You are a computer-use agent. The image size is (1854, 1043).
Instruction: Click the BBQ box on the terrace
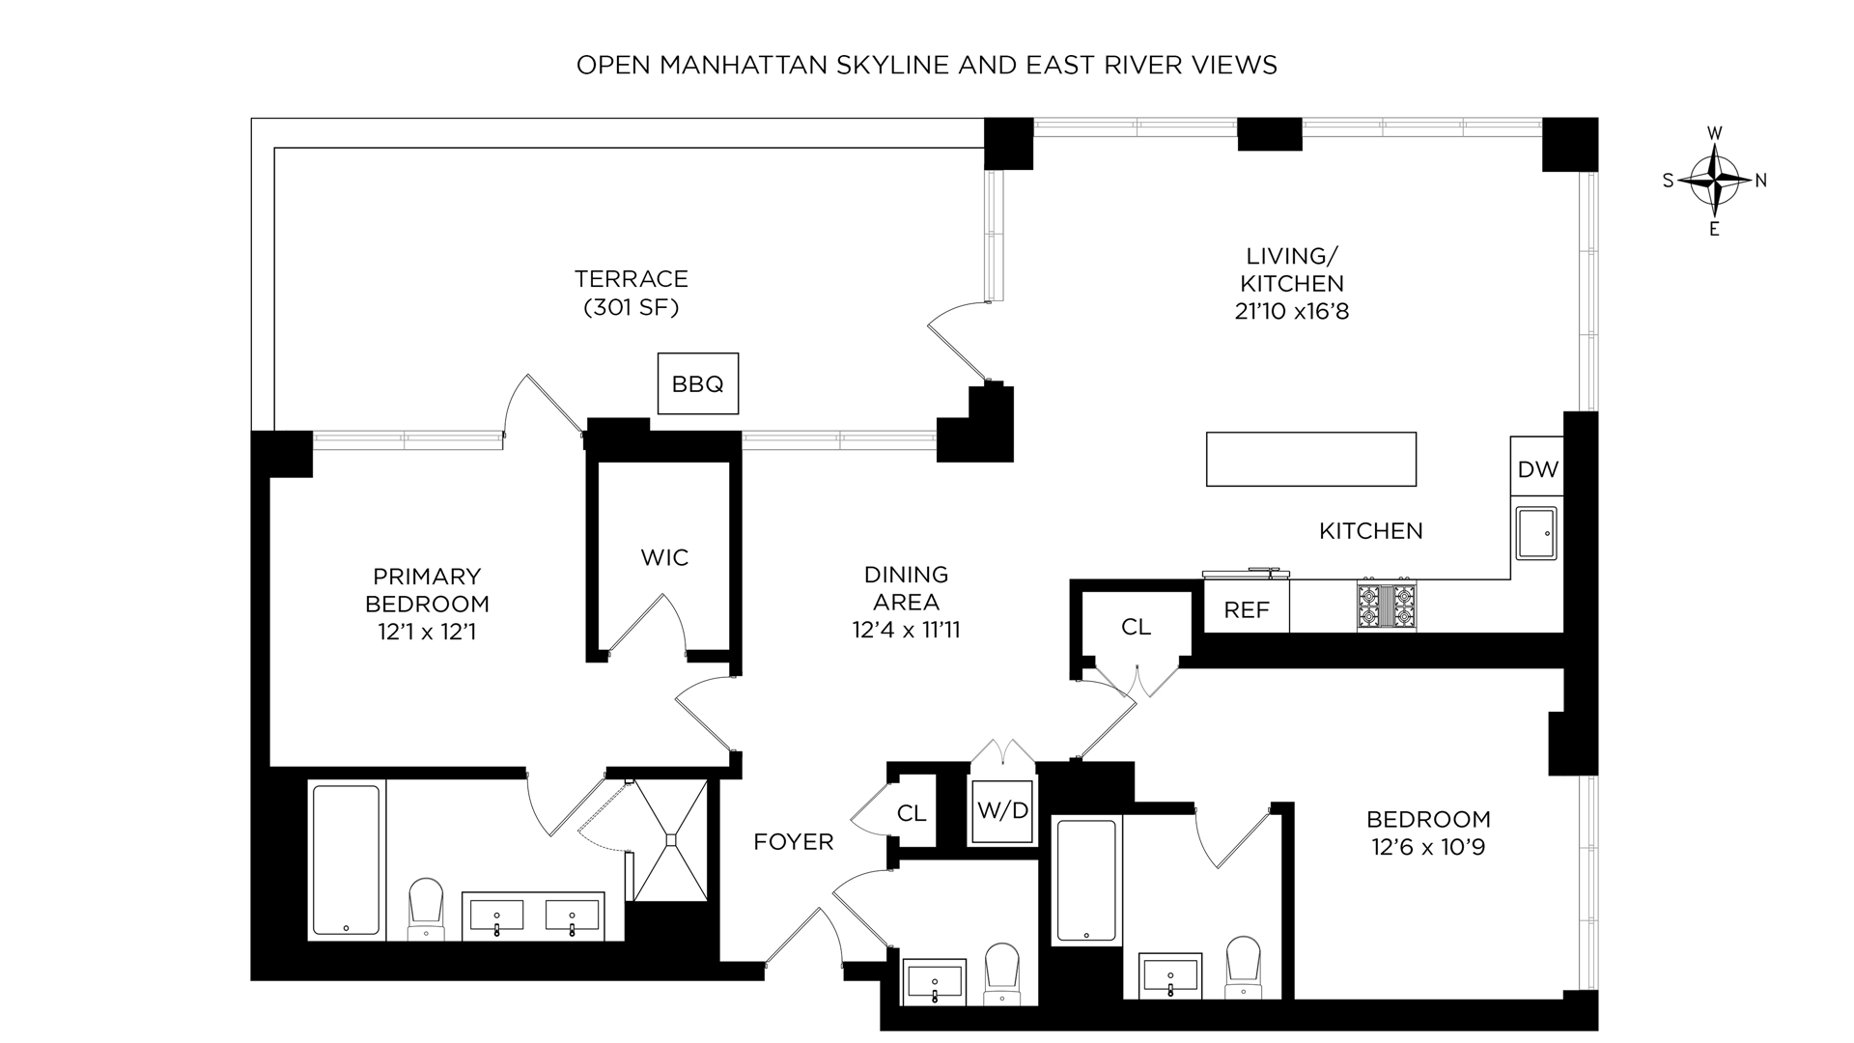[x=697, y=383]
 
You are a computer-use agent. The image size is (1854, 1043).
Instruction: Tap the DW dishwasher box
[x=1537, y=469]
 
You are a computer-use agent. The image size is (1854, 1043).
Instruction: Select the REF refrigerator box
[x=1246, y=609]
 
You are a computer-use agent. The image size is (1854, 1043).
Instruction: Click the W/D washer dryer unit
[x=1003, y=810]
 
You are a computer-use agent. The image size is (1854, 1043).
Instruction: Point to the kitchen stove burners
[x=1387, y=606]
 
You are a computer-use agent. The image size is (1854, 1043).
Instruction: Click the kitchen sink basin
[x=1536, y=532]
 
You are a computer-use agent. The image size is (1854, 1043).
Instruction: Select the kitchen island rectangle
[x=1311, y=459]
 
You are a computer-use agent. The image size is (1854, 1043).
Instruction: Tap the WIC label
[x=664, y=557]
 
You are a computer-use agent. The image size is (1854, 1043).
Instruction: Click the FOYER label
[x=794, y=842]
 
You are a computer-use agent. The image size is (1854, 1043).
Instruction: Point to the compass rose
[x=1714, y=181]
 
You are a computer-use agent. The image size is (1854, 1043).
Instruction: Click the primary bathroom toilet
[x=425, y=909]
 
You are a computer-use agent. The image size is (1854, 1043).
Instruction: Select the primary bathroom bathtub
[x=347, y=860]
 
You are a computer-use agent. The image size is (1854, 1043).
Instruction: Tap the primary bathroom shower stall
[x=671, y=840]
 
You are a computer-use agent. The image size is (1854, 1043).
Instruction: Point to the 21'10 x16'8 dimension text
[x=1292, y=312]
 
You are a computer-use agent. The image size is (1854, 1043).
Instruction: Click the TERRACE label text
[x=632, y=279]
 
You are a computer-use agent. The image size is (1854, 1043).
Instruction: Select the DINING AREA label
[x=906, y=588]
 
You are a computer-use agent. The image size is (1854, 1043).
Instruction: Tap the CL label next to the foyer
[x=912, y=813]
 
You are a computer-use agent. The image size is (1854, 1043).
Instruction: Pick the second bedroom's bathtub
[x=1086, y=880]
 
